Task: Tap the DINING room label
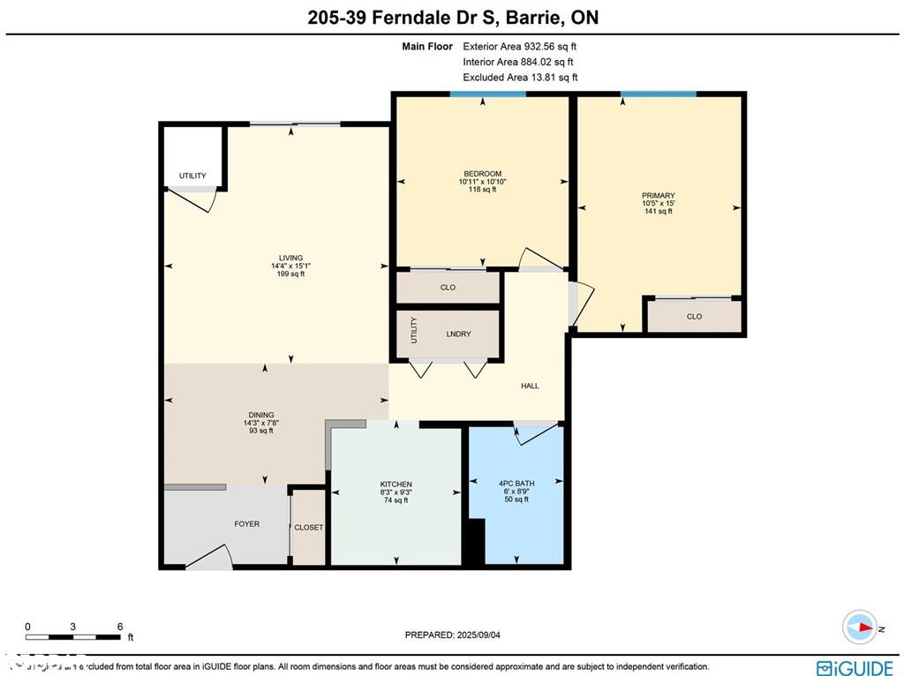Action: pos(260,415)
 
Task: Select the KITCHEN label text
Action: pos(395,484)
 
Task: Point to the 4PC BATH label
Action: pos(516,483)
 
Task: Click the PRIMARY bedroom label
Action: pos(658,196)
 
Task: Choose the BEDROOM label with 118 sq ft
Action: pos(482,174)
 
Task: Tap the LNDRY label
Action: pos(458,334)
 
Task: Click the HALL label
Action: pos(530,386)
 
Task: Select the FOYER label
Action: pos(246,524)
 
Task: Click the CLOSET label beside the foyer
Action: pos(309,528)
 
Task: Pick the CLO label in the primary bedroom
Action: pos(694,317)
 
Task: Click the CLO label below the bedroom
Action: pos(448,288)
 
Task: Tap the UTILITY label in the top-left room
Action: pos(192,177)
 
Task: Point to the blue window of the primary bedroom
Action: pos(658,94)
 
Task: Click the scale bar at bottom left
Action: pos(73,635)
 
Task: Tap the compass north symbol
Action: pos(859,627)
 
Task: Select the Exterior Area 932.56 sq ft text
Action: pos(519,47)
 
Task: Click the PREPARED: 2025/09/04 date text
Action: pos(457,635)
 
